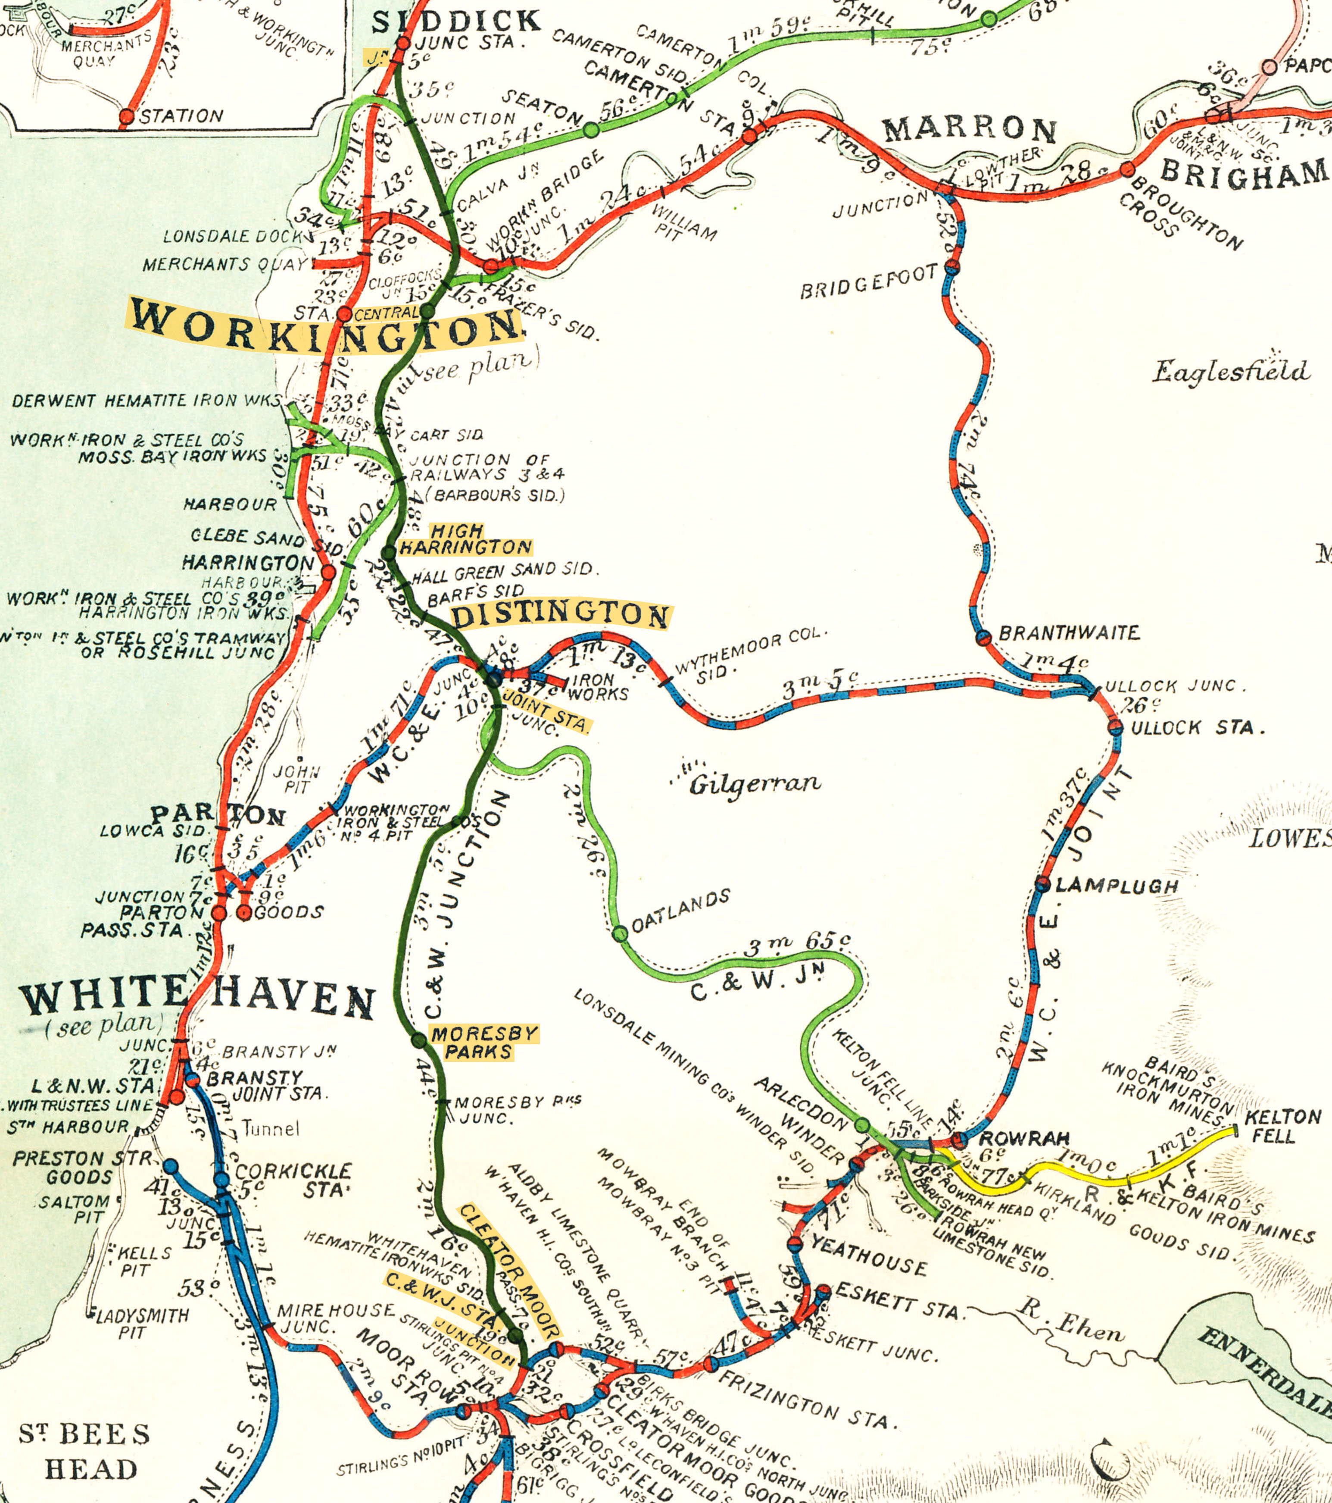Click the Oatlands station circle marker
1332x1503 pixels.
pos(620,934)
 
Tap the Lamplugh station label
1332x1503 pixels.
pos(1117,886)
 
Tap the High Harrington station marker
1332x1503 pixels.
pos(388,553)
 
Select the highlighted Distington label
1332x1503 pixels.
pos(560,615)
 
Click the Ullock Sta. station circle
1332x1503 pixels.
pos(1115,728)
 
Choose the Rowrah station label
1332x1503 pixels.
pos(1023,1139)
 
